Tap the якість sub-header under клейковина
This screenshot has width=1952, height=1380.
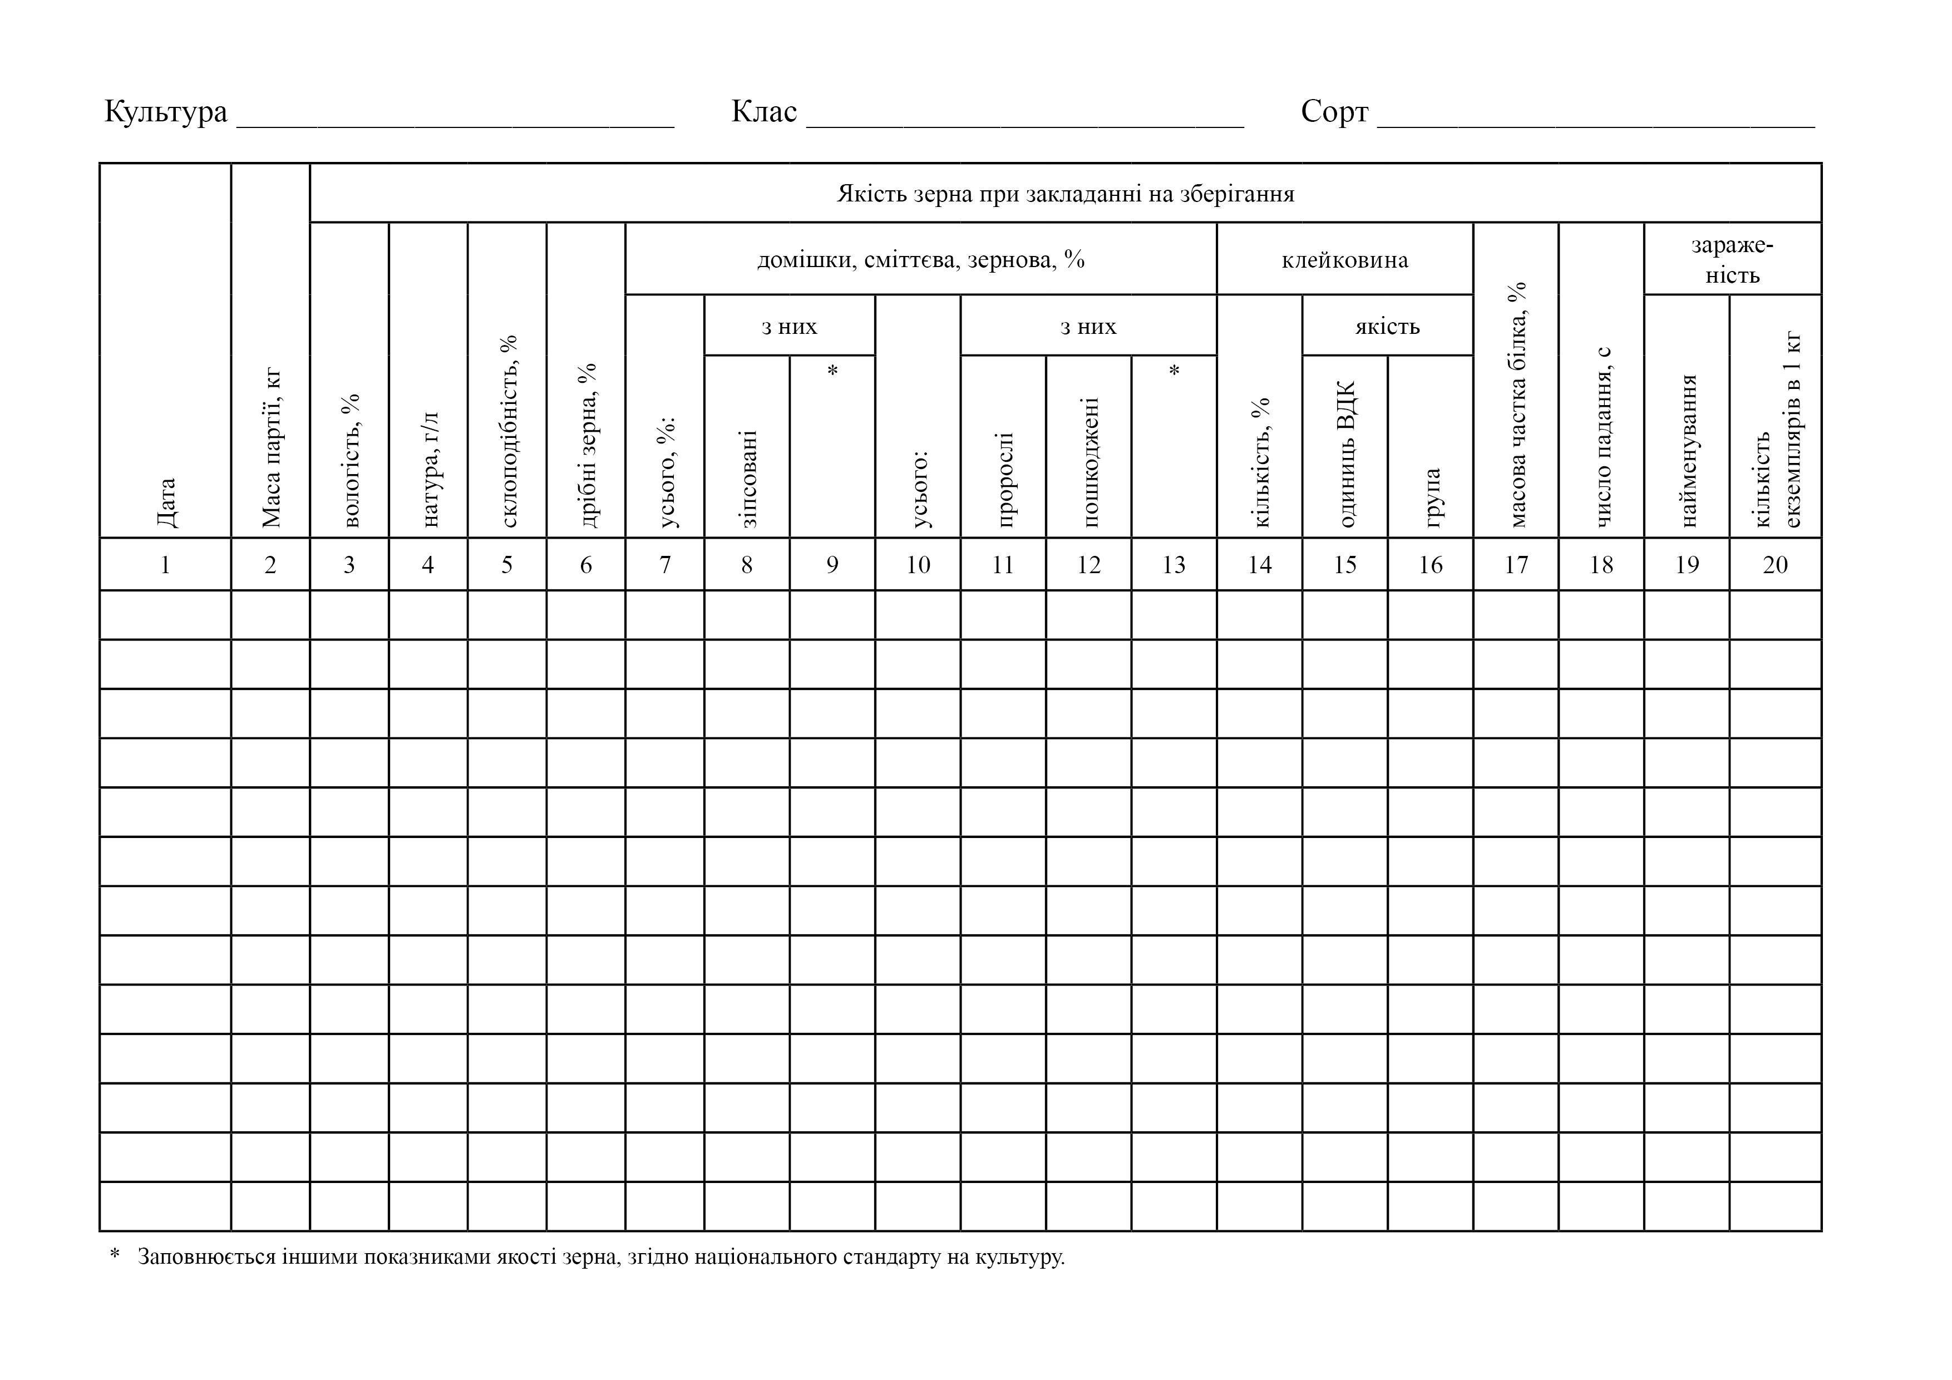pos(1387,327)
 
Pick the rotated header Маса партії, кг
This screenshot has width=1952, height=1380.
pos(271,447)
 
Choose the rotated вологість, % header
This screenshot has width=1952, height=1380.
pos(350,460)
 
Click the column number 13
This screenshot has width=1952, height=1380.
pos(1174,565)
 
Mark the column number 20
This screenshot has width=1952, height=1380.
pos(1775,565)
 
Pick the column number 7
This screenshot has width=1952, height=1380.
pos(665,565)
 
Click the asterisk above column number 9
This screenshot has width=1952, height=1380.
pos(832,370)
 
